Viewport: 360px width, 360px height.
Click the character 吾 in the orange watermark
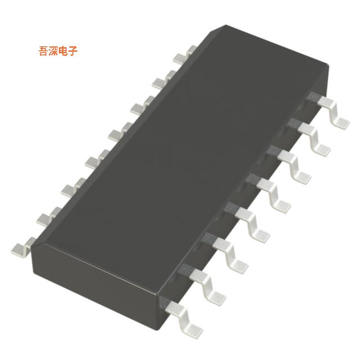[x=44, y=51]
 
